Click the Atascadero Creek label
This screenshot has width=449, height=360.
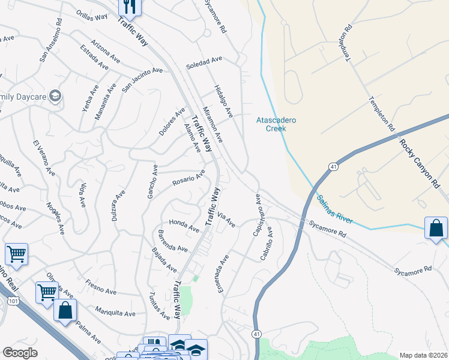coord(276,124)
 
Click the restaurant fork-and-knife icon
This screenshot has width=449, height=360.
coord(130,7)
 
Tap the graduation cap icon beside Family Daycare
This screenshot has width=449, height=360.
coord(55,96)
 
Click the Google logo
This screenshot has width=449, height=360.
coord(20,353)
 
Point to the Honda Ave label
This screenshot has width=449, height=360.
coord(184,225)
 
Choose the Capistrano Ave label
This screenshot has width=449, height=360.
coord(258,215)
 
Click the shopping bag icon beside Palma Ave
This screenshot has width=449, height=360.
coord(65,311)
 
